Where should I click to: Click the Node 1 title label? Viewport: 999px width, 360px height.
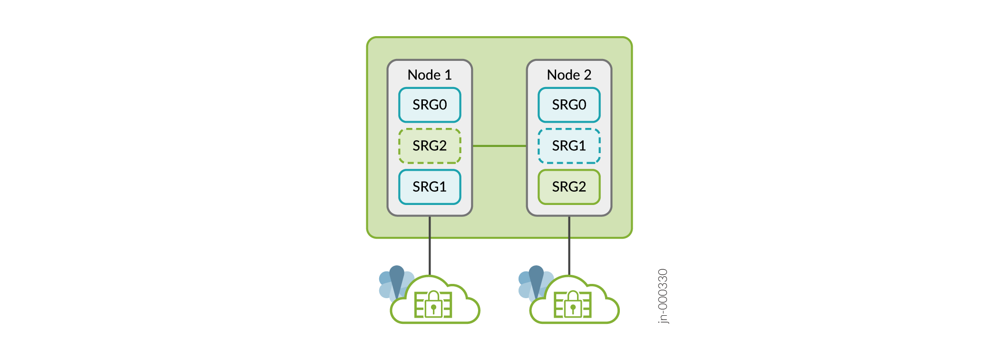click(429, 75)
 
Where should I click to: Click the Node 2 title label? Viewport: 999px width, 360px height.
click(569, 75)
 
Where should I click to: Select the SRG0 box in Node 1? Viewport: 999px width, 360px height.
click(430, 105)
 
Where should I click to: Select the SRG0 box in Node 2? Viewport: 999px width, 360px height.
click(569, 105)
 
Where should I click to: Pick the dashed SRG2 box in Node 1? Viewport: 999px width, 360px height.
click(430, 146)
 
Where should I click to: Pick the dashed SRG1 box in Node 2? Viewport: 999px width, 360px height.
click(569, 146)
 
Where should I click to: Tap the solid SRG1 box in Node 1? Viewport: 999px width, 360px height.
click(430, 187)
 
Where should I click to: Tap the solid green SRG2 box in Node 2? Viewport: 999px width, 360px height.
click(569, 187)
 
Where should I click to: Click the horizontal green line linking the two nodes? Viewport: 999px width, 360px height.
click(499, 146)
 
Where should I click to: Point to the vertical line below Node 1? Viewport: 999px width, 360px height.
click(430, 245)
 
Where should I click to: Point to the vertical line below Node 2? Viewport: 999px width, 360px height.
click(569, 245)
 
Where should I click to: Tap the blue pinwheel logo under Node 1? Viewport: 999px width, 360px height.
click(395, 282)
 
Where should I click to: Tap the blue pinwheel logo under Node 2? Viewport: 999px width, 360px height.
click(534, 282)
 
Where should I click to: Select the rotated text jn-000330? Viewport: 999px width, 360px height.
click(663, 296)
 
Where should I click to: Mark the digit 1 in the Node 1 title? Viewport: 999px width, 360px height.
click(448, 75)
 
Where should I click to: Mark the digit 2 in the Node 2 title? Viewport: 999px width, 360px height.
click(588, 75)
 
